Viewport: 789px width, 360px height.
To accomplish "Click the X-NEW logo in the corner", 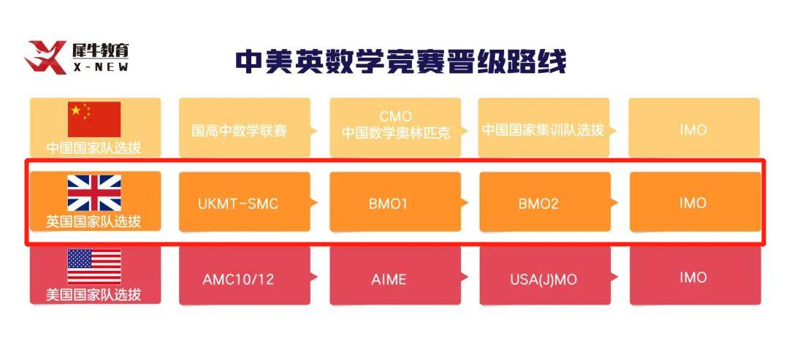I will (x=77, y=58).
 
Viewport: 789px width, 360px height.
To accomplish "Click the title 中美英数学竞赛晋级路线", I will (x=400, y=61).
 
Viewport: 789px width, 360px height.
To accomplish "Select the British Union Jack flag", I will (x=94, y=193).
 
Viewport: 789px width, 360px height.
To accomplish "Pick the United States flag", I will (x=94, y=267).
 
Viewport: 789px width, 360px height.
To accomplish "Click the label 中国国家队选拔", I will (x=94, y=147).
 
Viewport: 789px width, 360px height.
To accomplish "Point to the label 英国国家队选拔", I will (x=94, y=221).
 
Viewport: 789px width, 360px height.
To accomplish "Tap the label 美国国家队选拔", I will (x=94, y=295).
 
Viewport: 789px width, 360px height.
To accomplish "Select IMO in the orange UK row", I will (x=693, y=202).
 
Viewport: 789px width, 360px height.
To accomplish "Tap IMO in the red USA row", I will (x=693, y=277).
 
